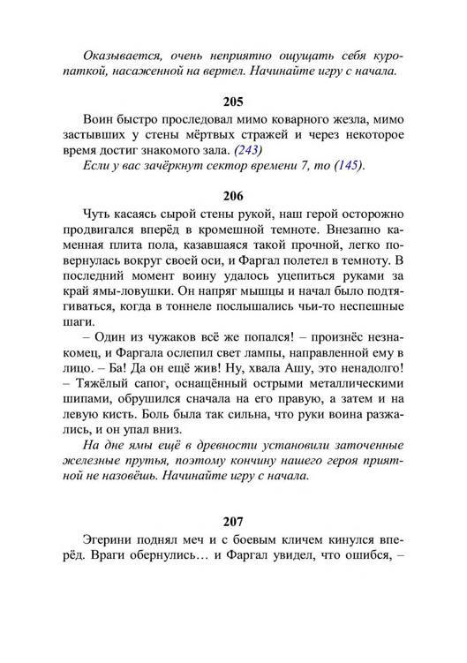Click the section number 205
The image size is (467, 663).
[x=234, y=102]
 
